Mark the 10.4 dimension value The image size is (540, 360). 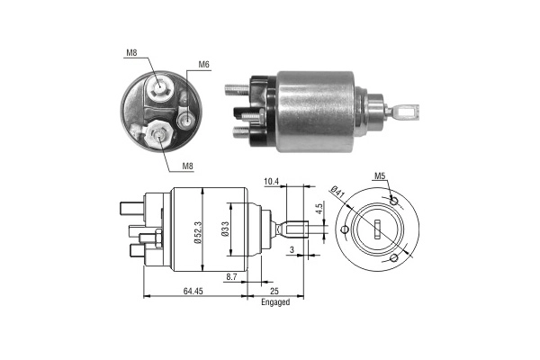click(271, 182)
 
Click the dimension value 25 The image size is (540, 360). click(275, 291)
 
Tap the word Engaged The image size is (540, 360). click(275, 302)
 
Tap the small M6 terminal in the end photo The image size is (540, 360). click(185, 118)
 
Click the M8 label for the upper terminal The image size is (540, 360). click(132, 53)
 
